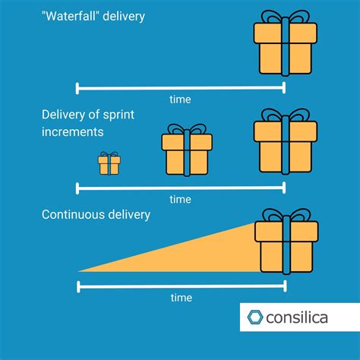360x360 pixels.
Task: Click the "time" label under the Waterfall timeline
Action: tap(180, 99)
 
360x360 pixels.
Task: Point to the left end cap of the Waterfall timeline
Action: tap(77, 88)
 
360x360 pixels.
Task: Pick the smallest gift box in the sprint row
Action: tap(109, 164)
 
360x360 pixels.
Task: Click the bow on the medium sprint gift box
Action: tap(187, 130)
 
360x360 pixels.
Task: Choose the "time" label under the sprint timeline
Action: tap(180, 199)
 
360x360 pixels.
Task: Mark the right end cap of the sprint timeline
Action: tap(284, 188)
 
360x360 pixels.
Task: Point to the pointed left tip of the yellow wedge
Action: tap(79, 271)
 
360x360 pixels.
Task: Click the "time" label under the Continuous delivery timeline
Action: tap(181, 298)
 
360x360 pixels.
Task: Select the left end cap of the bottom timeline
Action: tap(77, 286)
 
